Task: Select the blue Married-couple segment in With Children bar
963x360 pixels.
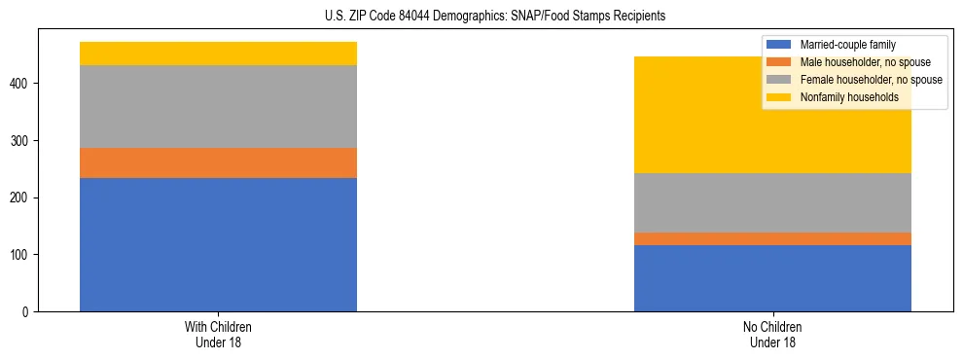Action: click(x=218, y=244)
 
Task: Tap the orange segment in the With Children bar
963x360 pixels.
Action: click(x=218, y=162)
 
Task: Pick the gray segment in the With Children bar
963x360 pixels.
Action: click(x=218, y=106)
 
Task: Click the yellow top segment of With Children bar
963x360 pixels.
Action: click(x=218, y=54)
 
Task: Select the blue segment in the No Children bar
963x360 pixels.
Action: click(x=772, y=278)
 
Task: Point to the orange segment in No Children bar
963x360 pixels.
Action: click(x=772, y=238)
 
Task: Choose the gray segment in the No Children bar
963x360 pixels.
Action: click(x=772, y=202)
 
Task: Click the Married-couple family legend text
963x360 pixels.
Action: click(x=847, y=45)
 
